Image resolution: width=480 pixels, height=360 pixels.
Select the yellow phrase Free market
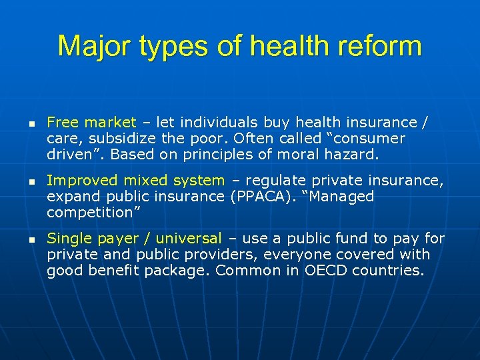[91, 122]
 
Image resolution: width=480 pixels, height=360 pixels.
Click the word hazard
[354, 155]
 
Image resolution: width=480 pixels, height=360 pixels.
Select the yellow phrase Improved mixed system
[136, 180]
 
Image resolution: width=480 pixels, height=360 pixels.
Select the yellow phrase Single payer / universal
[134, 238]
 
